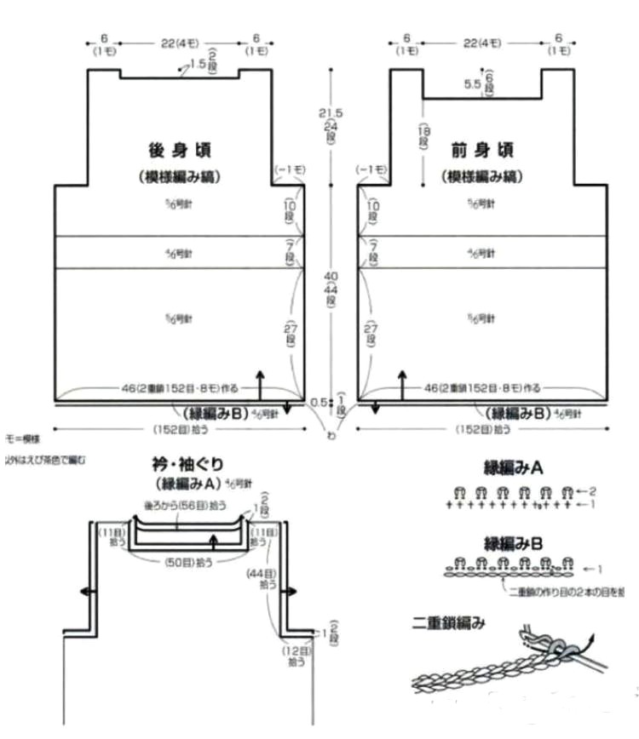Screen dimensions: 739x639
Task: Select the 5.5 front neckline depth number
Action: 473,83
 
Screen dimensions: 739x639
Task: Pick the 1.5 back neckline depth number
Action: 198,64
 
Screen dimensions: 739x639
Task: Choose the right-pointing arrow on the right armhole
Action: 294,591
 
